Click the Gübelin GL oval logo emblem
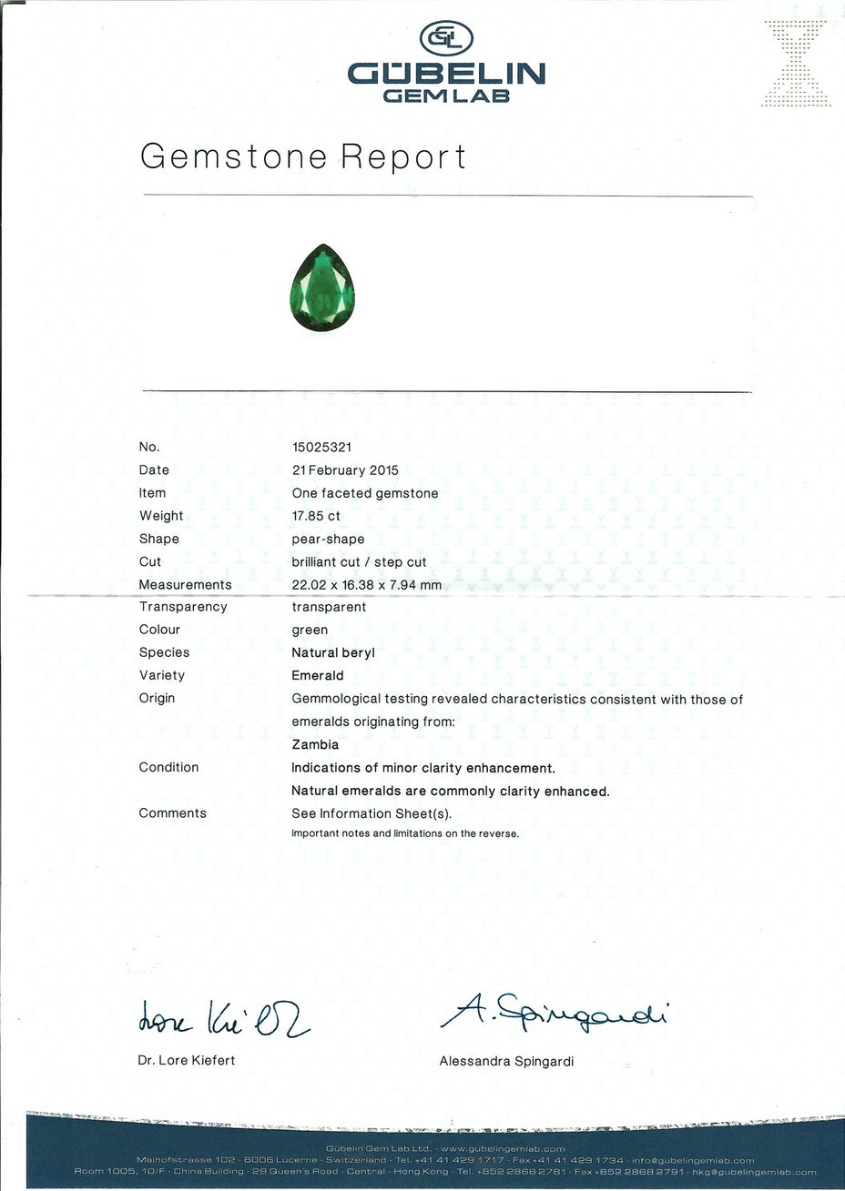pos(445,38)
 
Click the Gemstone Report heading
pos(303,156)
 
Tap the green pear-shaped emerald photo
pos(322,289)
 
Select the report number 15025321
pos(321,447)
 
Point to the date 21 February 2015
pos(344,470)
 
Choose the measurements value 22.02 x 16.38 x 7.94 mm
pos(366,585)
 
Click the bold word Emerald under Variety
pos(318,676)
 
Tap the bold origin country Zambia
pos(315,744)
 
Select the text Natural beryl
pos(332,652)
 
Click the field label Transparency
pos(183,607)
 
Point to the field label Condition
pos(168,767)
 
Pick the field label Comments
pos(172,813)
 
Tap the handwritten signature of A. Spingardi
pos(553,1012)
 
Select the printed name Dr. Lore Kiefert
pos(187,1060)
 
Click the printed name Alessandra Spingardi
pos(506,1061)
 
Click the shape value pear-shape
pos(328,539)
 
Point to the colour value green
pos(310,630)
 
